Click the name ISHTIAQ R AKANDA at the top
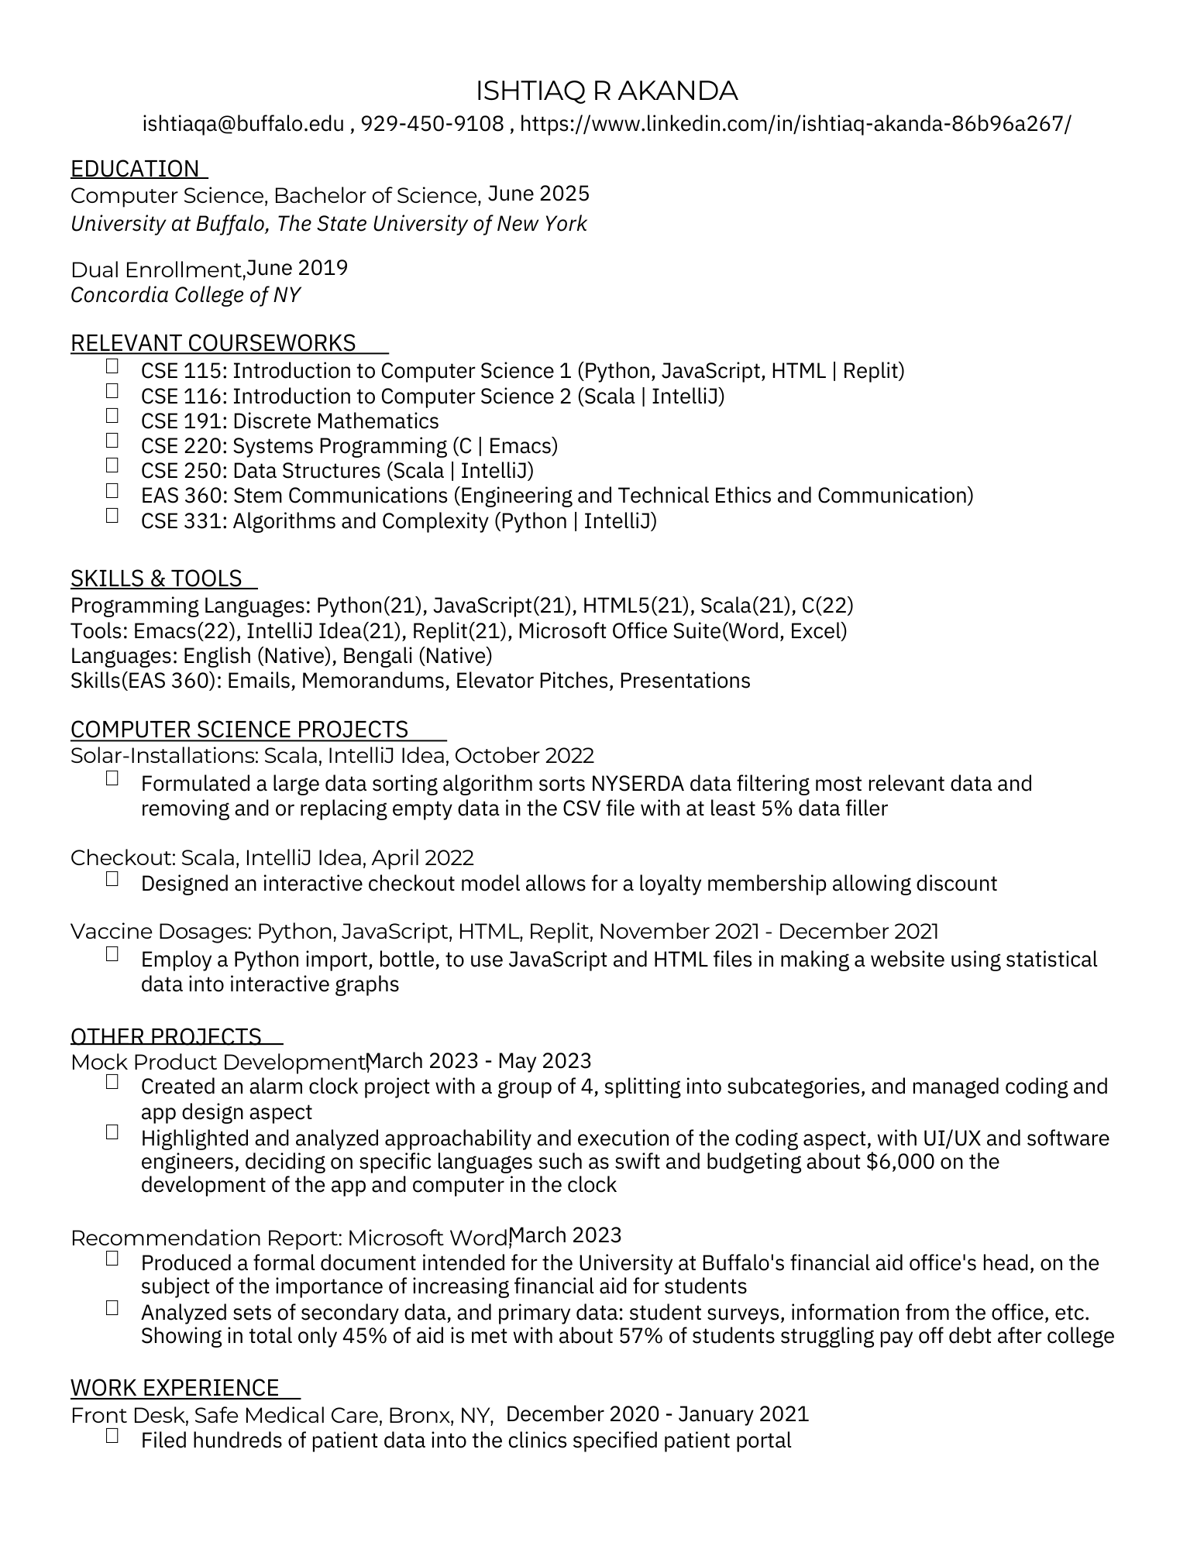tap(606, 91)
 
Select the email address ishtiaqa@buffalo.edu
tap(243, 124)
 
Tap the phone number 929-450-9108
tap(432, 124)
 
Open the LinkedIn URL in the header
tap(796, 124)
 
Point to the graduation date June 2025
tap(538, 193)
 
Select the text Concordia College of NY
tap(185, 295)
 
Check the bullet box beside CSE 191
tap(112, 416)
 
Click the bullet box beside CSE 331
tap(112, 516)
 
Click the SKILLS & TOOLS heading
tap(157, 579)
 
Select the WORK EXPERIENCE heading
tap(175, 1387)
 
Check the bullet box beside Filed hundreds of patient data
tap(112, 1436)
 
